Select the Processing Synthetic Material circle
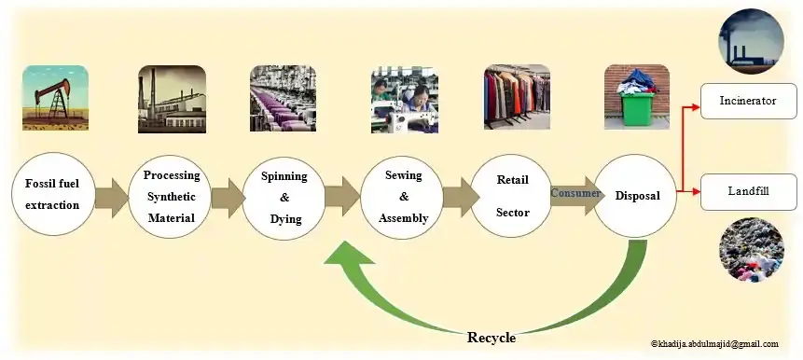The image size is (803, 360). pyautogui.click(x=171, y=196)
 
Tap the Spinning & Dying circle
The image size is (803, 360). pyautogui.click(x=284, y=198)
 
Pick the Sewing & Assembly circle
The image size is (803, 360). pyautogui.click(x=401, y=197)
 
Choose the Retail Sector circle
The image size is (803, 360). pyautogui.click(x=511, y=196)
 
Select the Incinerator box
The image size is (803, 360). pyautogui.click(x=748, y=101)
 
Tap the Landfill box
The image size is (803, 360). pyautogui.click(x=748, y=191)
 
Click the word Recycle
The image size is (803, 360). pyautogui.click(x=491, y=338)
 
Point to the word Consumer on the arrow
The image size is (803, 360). pyautogui.click(x=575, y=193)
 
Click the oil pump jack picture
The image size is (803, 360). pyautogui.click(x=55, y=97)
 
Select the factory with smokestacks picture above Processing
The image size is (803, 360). pyautogui.click(x=172, y=99)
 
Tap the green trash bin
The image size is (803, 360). pyautogui.click(x=637, y=103)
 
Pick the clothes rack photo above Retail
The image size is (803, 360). pyautogui.click(x=517, y=97)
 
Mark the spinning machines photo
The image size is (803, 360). pyautogui.click(x=283, y=98)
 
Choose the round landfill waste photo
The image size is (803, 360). pyautogui.click(x=751, y=249)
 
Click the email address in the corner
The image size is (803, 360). pyautogui.click(x=714, y=344)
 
